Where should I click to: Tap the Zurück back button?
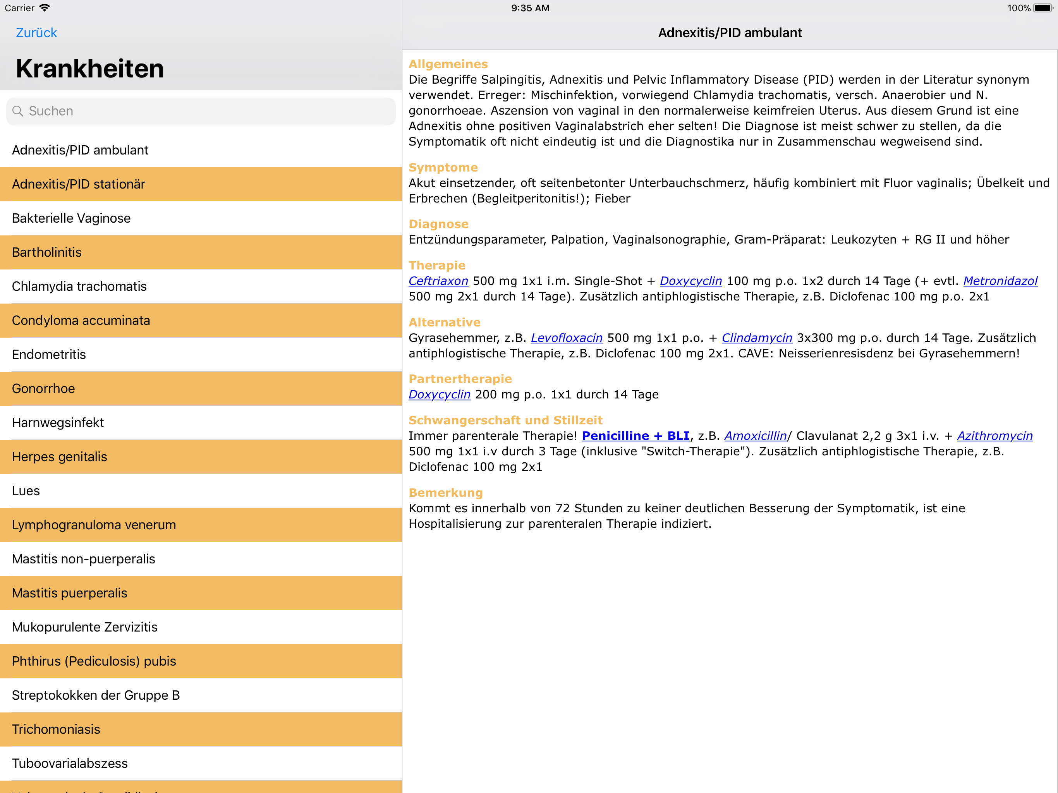pyautogui.click(x=36, y=33)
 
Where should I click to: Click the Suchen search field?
pyautogui.click(x=201, y=111)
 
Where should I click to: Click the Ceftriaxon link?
pyautogui.click(x=438, y=281)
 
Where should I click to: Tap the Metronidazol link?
pyautogui.click(x=1000, y=281)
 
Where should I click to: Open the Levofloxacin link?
pyautogui.click(x=566, y=338)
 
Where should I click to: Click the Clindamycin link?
pyautogui.click(x=757, y=338)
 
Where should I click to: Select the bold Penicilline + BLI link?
pyautogui.click(x=635, y=436)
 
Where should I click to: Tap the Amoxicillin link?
pyautogui.click(x=755, y=436)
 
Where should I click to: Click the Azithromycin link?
pyautogui.click(x=994, y=436)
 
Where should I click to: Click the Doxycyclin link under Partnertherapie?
pyautogui.click(x=440, y=394)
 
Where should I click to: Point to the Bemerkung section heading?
pyautogui.click(x=445, y=493)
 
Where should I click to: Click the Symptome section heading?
pyautogui.click(x=443, y=167)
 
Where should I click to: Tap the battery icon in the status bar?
pyautogui.click(x=1043, y=8)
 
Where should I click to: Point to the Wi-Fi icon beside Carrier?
pyautogui.click(x=45, y=8)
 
